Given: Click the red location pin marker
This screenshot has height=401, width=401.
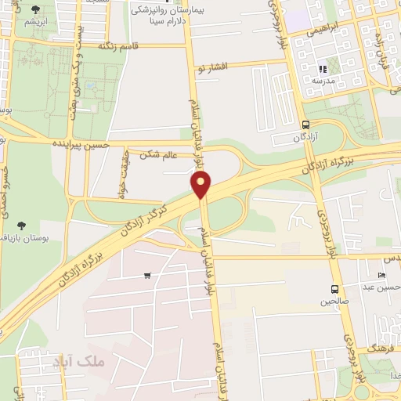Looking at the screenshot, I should click(201, 185).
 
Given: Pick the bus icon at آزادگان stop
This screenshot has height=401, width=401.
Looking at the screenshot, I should click(305, 125).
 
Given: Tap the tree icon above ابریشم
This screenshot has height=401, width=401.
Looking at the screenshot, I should click(36, 9).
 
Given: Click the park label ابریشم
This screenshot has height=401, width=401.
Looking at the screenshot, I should click(36, 21).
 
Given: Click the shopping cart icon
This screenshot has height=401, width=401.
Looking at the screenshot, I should click(147, 276).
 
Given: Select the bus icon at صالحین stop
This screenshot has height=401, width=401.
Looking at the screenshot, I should click(335, 289).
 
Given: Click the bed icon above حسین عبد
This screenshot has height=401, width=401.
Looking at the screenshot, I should click(382, 275).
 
